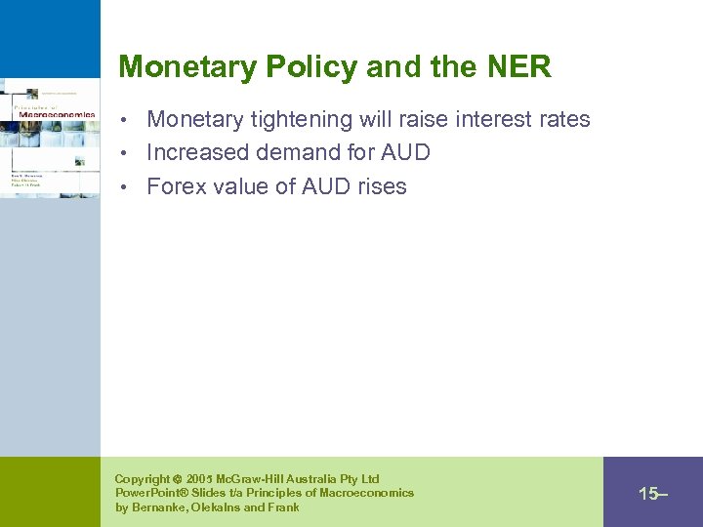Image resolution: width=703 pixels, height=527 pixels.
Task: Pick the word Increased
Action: coord(197,153)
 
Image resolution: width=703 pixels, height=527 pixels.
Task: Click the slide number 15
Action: coord(648,494)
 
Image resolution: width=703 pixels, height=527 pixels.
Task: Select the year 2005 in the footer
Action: coord(200,479)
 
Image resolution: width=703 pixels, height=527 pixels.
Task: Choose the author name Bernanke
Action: coord(160,507)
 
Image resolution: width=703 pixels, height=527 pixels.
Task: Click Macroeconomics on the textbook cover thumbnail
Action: coord(57,114)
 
